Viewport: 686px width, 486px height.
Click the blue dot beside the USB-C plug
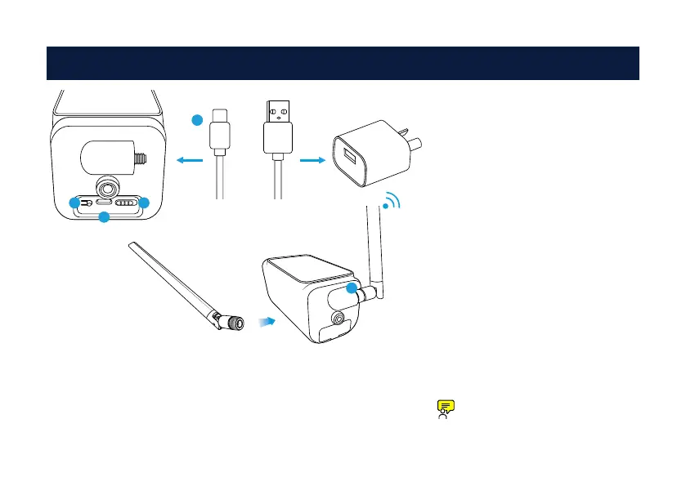coord(196,121)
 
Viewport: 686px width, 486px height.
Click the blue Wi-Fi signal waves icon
coord(393,203)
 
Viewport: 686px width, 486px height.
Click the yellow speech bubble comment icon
coord(445,406)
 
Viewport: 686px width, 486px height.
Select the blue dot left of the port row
coord(74,202)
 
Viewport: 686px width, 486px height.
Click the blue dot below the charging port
coord(104,217)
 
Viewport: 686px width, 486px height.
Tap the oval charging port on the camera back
coord(105,202)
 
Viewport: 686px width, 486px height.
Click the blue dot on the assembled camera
coord(352,288)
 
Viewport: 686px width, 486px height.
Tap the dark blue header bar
coord(343,64)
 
